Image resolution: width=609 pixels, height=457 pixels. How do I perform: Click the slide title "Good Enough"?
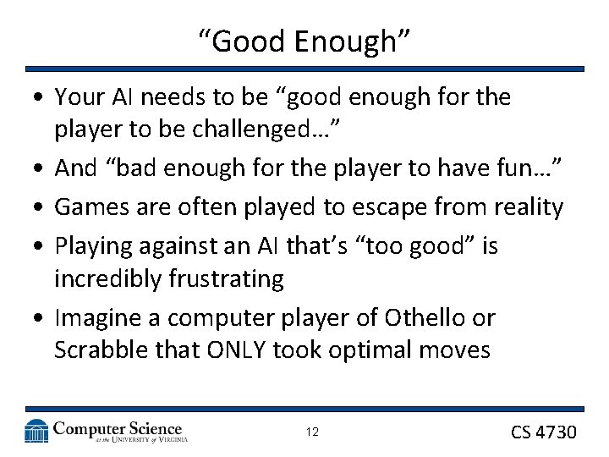pos(304,40)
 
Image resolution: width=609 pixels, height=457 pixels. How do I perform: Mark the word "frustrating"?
pos(231,278)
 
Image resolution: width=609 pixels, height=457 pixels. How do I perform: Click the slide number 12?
pos(312,432)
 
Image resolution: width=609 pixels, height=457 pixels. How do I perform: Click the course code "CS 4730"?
pos(543,432)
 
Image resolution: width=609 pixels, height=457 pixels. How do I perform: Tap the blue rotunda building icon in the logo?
pos(36,431)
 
